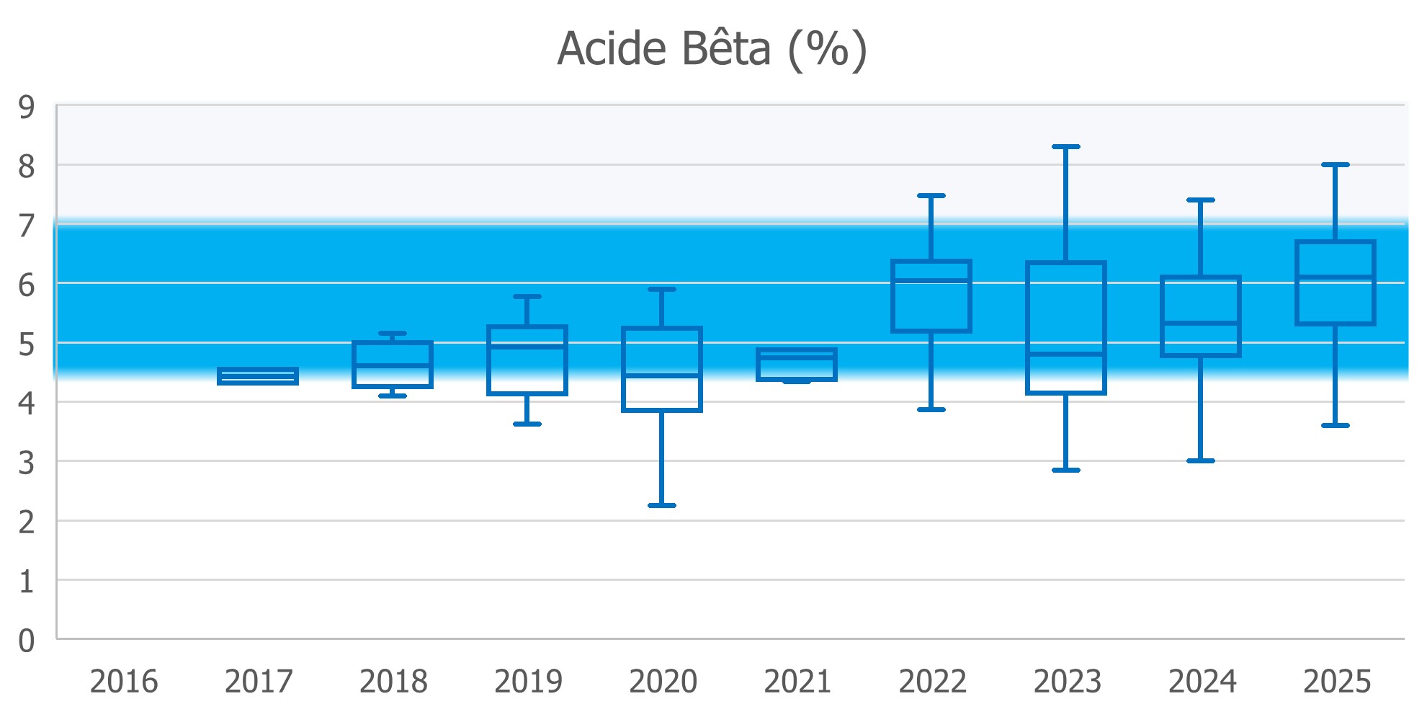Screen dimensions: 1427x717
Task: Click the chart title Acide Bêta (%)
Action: (712, 50)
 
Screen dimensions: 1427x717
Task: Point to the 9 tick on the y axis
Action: (27, 108)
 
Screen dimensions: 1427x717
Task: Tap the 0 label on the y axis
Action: (27, 640)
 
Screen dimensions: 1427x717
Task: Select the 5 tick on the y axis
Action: (27, 344)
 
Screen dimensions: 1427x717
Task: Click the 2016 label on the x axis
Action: (124, 681)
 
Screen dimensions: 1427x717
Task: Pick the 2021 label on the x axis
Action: (797, 681)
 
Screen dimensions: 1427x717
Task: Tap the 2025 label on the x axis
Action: (1337, 681)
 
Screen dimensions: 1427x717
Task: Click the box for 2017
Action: (258, 376)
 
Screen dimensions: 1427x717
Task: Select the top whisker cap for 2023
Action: (1066, 146)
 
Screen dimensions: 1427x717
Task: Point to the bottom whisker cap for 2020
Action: (662, 505)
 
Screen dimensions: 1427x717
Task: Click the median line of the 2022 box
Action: (931, 280)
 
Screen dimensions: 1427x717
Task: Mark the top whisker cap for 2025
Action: (1336, 165)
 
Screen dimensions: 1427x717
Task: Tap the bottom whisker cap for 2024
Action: (1201, 460)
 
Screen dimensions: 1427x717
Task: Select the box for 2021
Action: (797, 365)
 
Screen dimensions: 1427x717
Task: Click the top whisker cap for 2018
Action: (393, 333)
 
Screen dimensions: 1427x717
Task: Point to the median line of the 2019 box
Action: (527, 347)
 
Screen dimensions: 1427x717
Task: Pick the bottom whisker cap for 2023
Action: (1066, 470)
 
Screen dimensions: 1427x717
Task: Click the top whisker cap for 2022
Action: (931, 195)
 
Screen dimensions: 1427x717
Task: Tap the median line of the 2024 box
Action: (1201, 323)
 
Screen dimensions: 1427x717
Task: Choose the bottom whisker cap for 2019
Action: (527, 424)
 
